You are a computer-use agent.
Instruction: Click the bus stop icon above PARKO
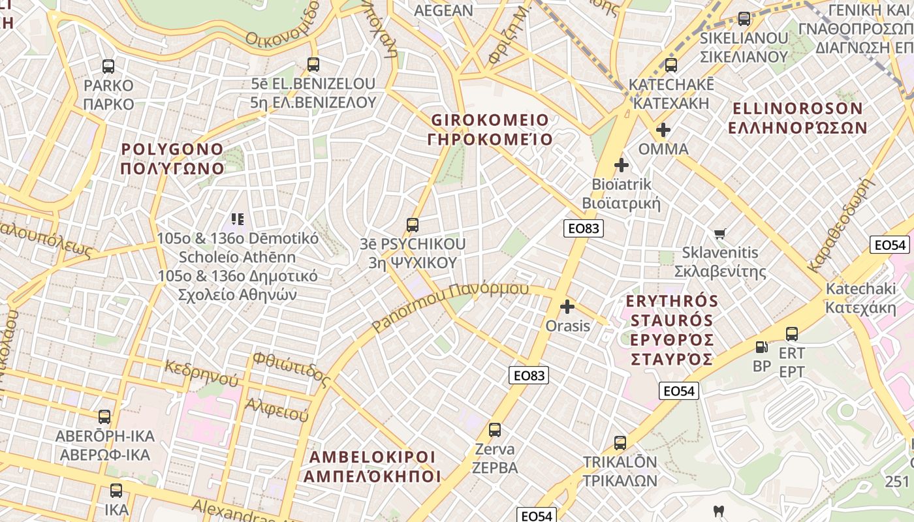click(108, 66)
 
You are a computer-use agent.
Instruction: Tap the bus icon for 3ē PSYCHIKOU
click(412, 225)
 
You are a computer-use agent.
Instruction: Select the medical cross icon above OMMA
click(663, 130)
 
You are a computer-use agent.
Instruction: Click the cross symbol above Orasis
click(567, 306)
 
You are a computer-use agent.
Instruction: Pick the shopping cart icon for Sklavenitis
click(720, 234)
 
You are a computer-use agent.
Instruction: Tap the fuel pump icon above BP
click(761, 347)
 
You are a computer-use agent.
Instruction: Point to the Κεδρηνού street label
click(202, 373)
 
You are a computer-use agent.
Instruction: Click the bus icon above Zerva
click(495, 430)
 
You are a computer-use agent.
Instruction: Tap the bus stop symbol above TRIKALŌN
click(620, 443)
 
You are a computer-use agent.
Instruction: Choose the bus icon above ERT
click(792, 334)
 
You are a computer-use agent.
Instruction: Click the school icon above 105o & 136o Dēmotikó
click(238, 219)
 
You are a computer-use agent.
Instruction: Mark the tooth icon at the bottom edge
click(719, 511)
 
